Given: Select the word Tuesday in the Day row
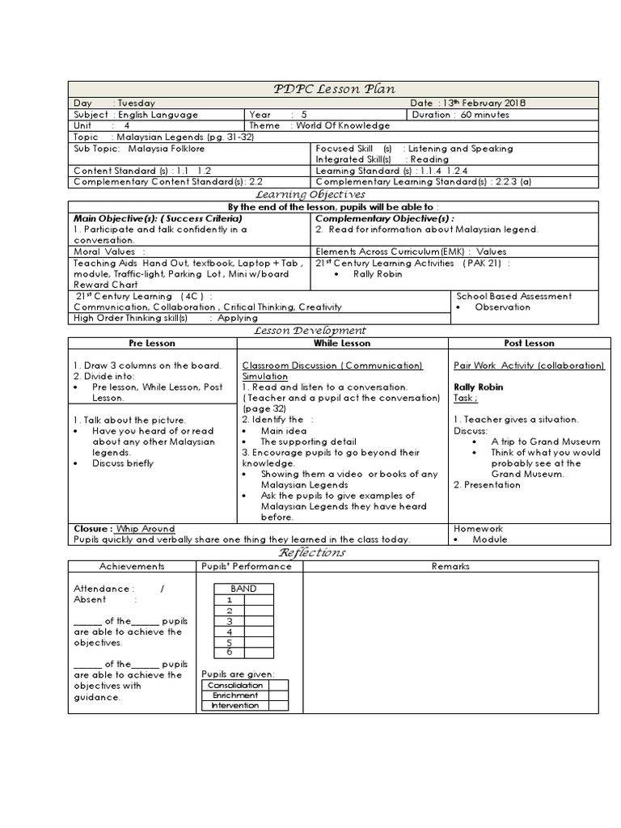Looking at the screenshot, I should click(137, 103).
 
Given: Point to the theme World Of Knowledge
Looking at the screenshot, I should click(343, 125).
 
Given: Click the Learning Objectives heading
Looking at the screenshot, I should click(310, 194).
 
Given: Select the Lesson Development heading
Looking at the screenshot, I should click(310, 330).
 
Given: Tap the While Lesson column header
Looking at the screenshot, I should click(342, 344).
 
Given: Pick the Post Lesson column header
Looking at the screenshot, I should click(529, 344).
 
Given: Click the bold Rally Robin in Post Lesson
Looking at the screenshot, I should click(479, 387).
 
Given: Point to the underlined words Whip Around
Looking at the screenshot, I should click(146, 529).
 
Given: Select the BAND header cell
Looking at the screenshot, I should click(243, 589).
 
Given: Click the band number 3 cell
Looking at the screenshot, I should click(230, 621).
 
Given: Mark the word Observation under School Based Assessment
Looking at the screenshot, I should click(502, 307).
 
